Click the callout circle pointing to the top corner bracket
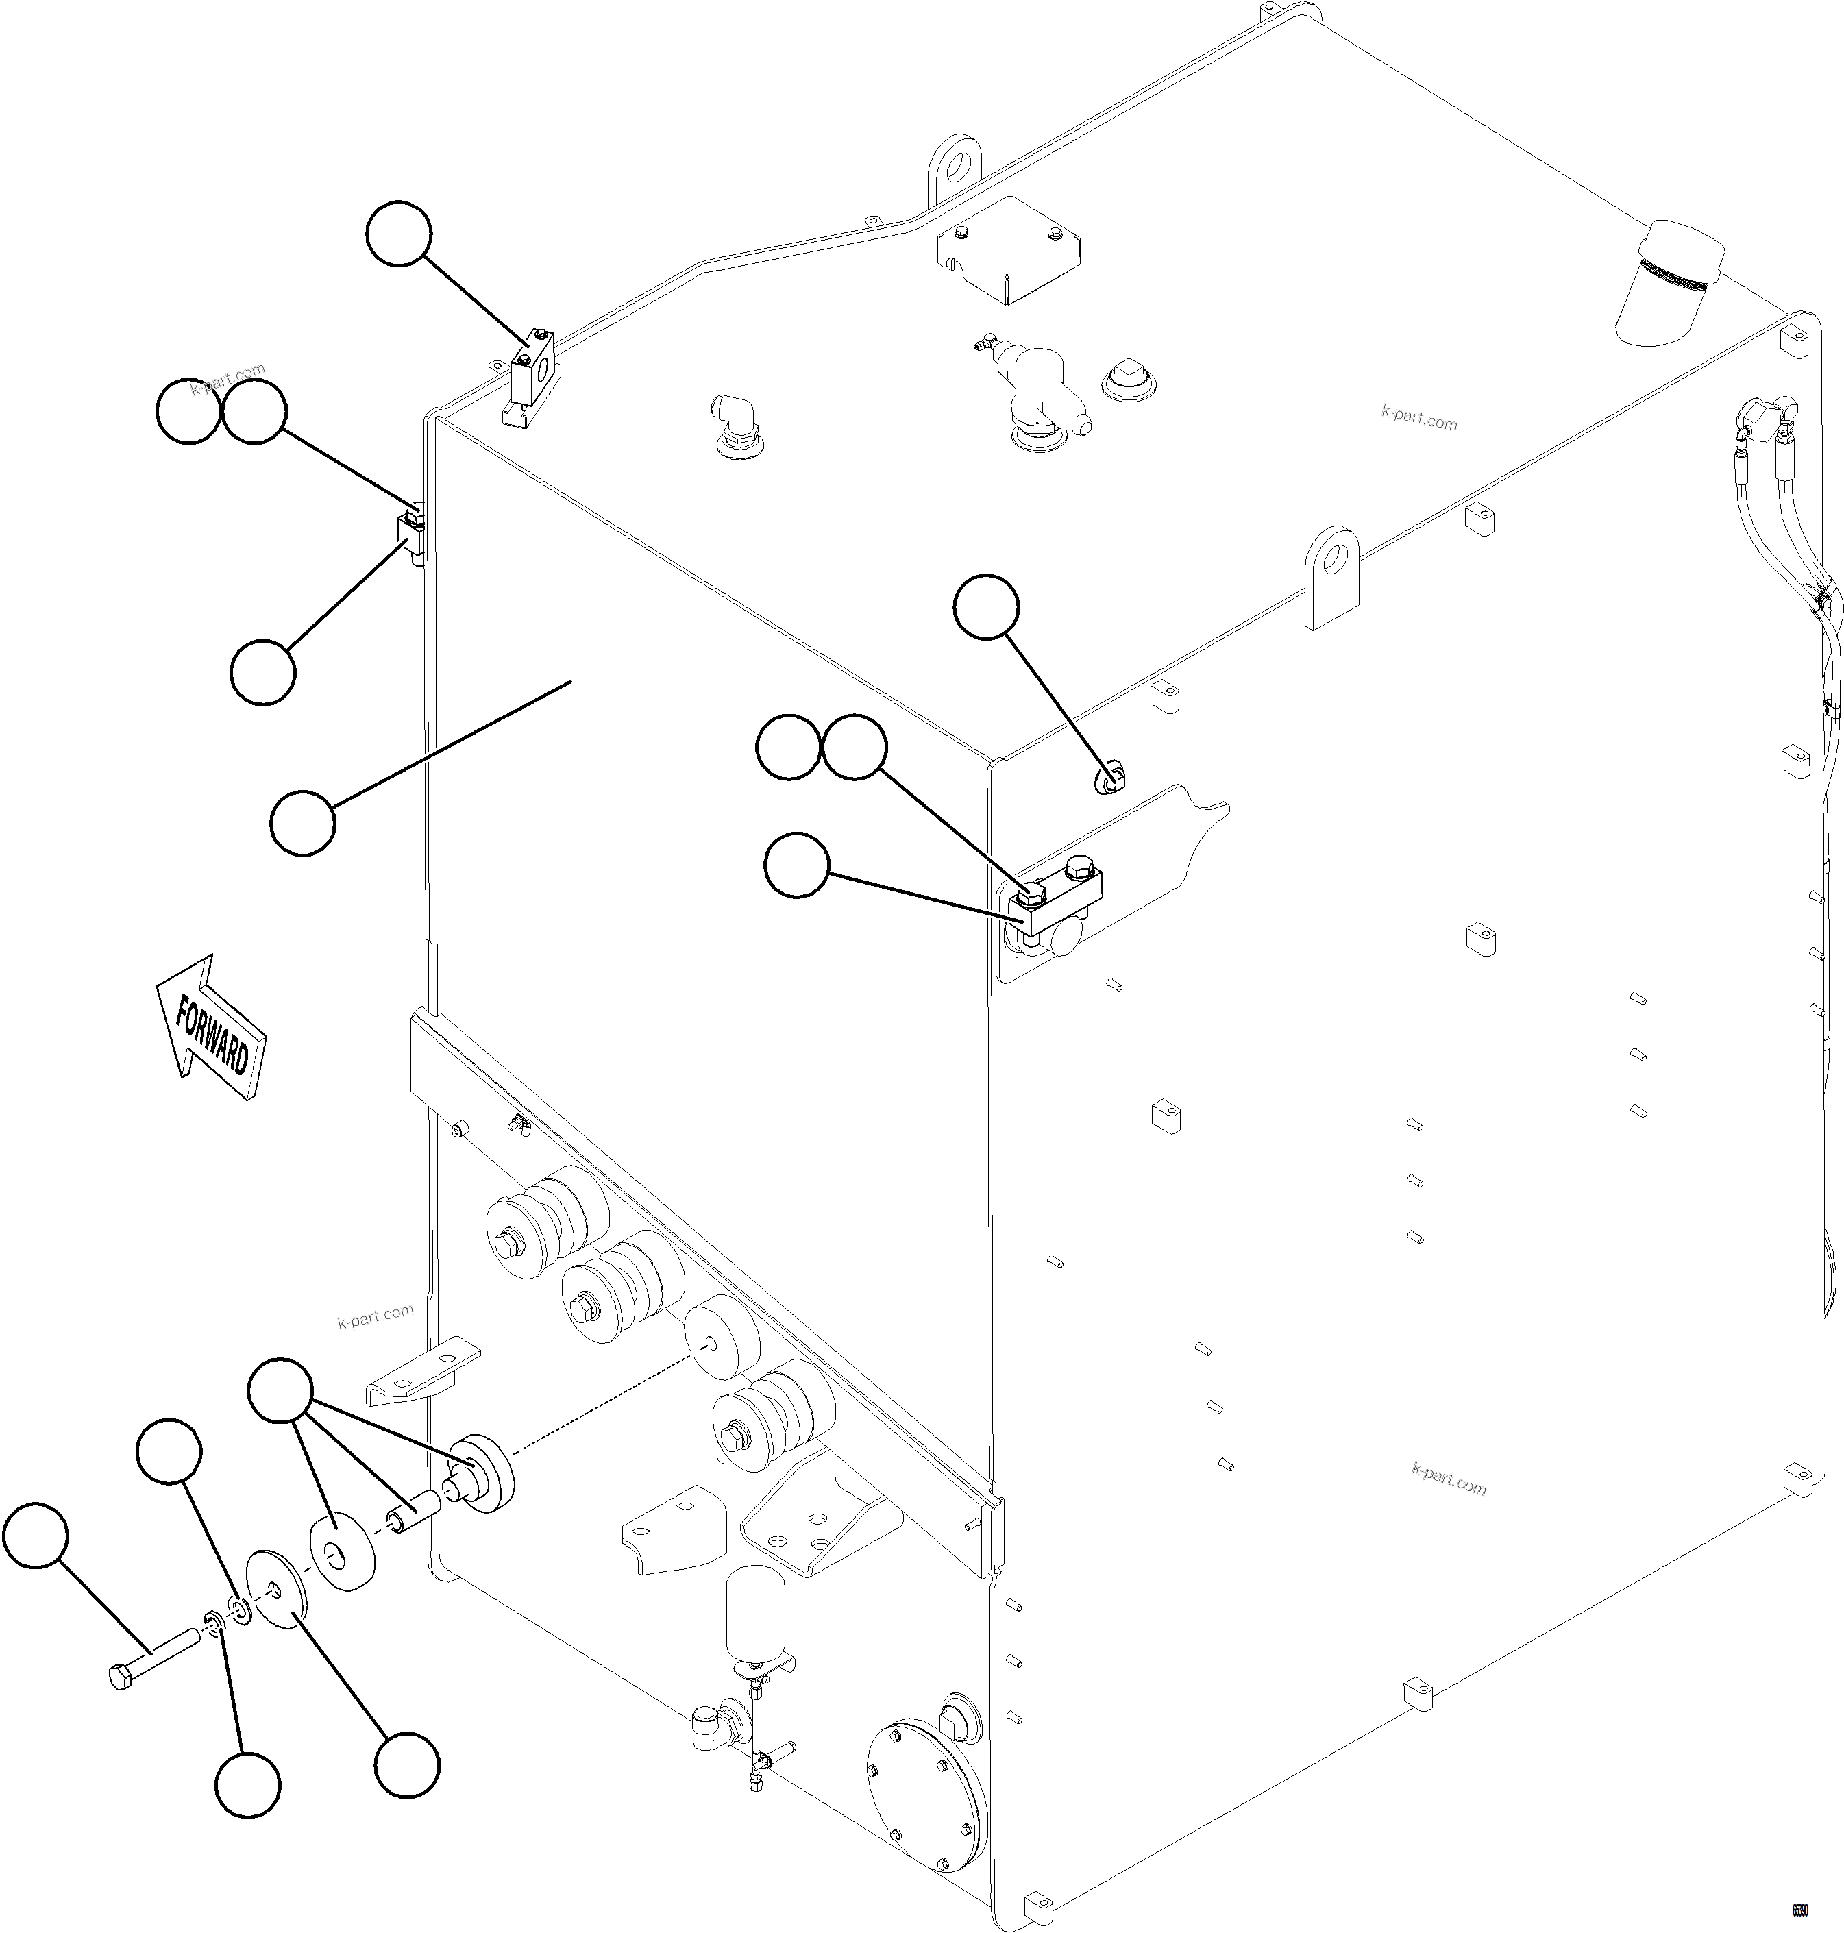(x=398, y=233)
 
